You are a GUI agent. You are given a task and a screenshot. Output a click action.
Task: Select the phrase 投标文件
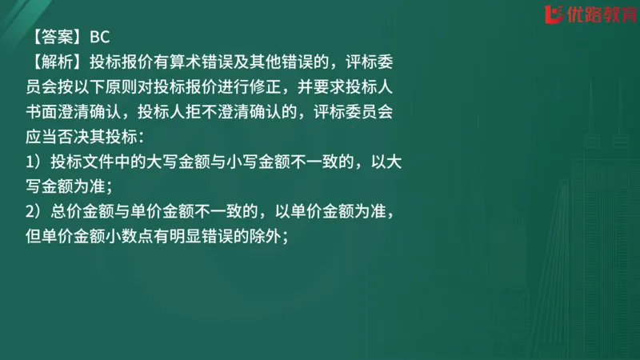point(78,162)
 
